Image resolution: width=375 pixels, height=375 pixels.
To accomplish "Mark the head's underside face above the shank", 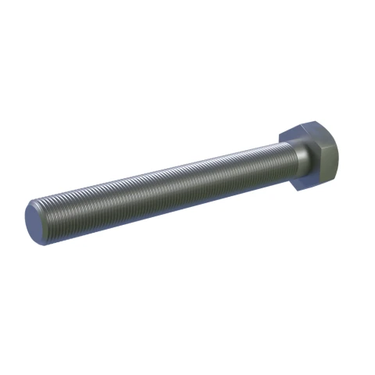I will coord(288,138).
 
